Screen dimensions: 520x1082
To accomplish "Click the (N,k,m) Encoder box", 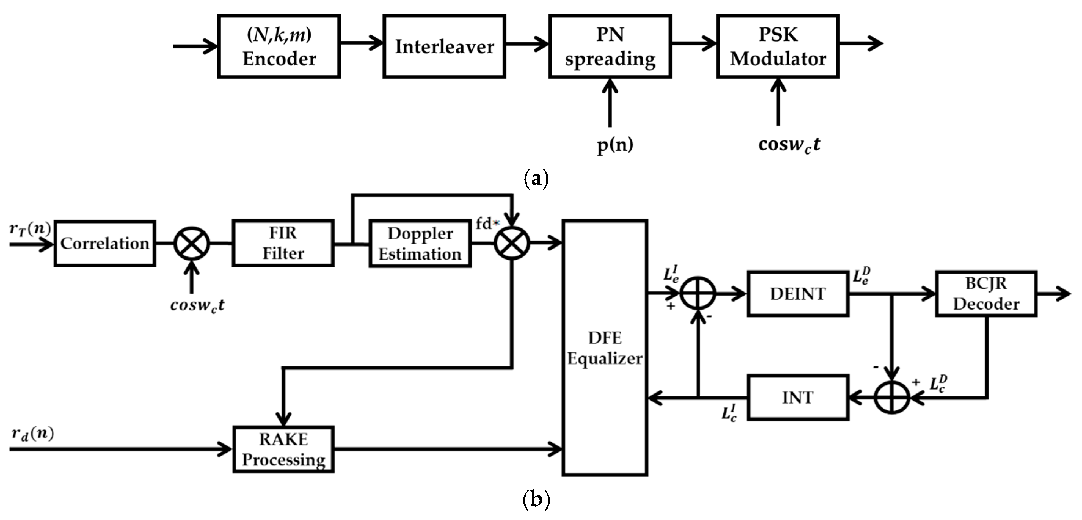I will pos(279,46).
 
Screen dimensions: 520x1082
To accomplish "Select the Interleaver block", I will pos(444,46).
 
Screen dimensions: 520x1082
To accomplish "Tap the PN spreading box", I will pos(610,46).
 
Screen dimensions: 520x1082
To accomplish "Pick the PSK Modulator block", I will pos(778,46).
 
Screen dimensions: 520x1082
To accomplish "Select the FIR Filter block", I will pos(283,243).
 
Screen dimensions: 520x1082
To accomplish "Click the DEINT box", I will pos(798,294).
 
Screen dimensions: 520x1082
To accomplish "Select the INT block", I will pos(798,397).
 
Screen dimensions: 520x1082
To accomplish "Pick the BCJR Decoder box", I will pos(986,294).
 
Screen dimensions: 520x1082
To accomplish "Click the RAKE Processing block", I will pos(283,449).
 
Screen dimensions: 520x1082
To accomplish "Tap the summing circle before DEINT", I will pos(698,294).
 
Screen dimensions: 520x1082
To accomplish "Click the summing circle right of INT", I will pos(892,397).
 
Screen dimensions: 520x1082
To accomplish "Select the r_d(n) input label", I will pos(33,434).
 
